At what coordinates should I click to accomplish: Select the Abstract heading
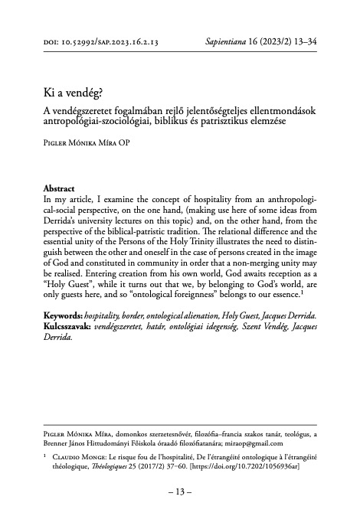pos(61,188)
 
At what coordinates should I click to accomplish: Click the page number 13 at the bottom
pos(179,492)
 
